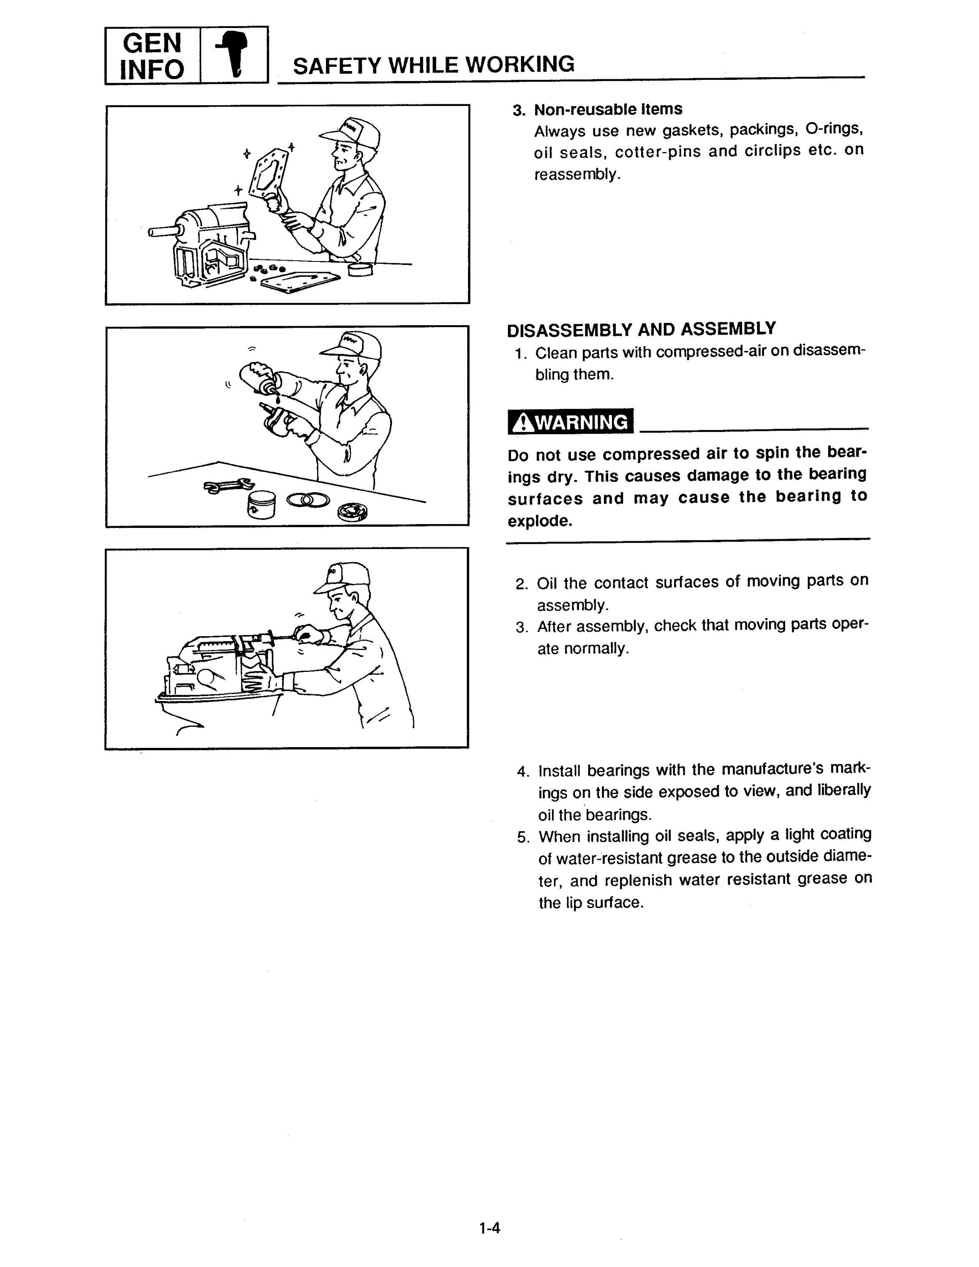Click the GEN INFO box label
coord(152,56)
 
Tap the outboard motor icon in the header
coord(234,54)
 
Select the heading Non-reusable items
coord(608,109)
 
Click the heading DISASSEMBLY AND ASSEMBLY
coord(641,329)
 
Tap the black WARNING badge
coord(571,422)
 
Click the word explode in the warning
coord(539,521)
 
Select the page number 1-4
coord(489,1228)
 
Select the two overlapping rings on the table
coord(308,500)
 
